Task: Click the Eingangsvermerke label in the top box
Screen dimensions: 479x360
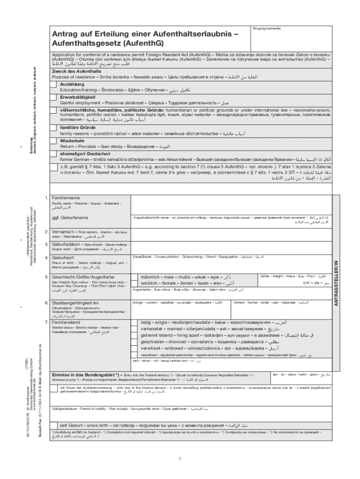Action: click(x=264, y=29)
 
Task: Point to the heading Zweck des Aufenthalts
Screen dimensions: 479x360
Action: click(x=76, y=71)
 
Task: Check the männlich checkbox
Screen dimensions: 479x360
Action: click(x=136, y=277)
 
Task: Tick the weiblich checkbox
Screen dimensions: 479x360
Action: click(x=136, y=284)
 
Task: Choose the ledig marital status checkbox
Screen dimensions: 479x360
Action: click(x=136, y=323)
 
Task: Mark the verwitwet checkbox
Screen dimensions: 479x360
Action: click(x=136, y=348)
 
